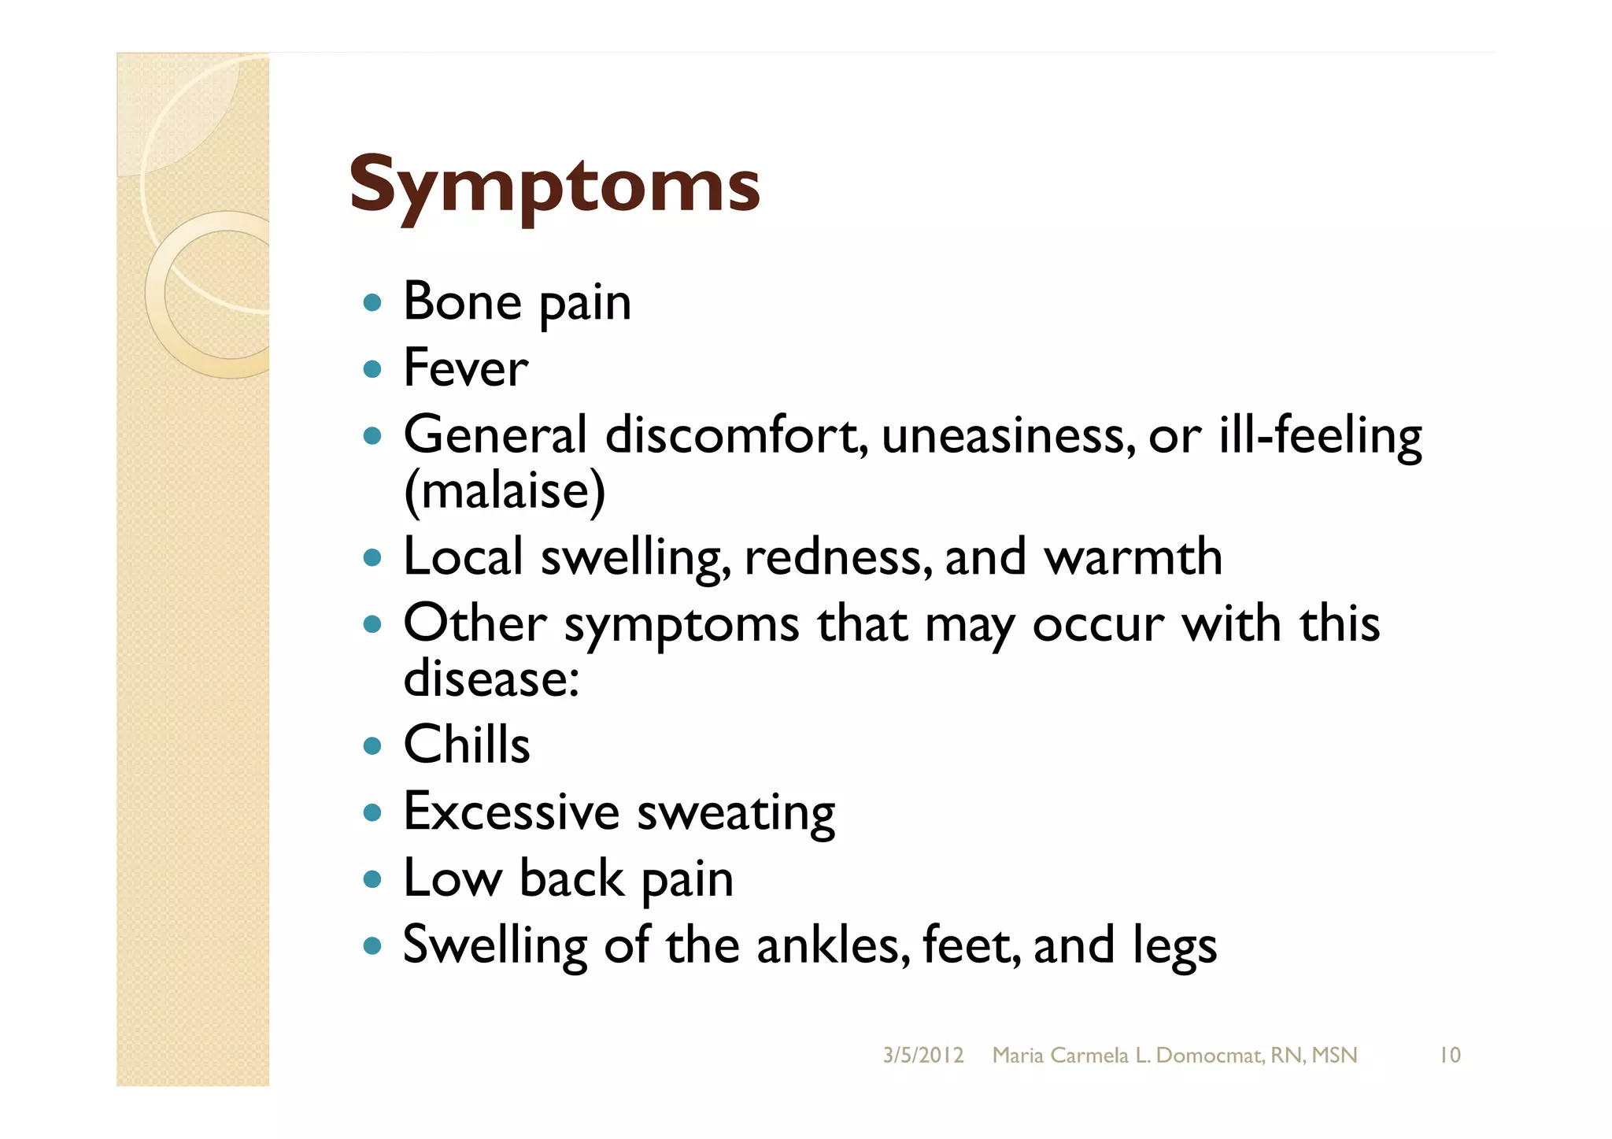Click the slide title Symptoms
pos(554,186)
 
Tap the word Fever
pos(465,368)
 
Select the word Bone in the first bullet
pos(462,301)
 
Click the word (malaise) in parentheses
pos(505,490)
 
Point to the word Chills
pos(467,745)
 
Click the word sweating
pos(736,813)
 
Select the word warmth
pos(1133,557)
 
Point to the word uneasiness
pos(1008,435)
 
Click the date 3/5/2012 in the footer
pos(923,1055)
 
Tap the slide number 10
pos(1449,1055)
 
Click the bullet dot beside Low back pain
pos(373,878)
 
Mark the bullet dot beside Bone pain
pos(373,302)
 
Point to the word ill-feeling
pos(1320,435)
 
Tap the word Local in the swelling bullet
pos(463,557)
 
